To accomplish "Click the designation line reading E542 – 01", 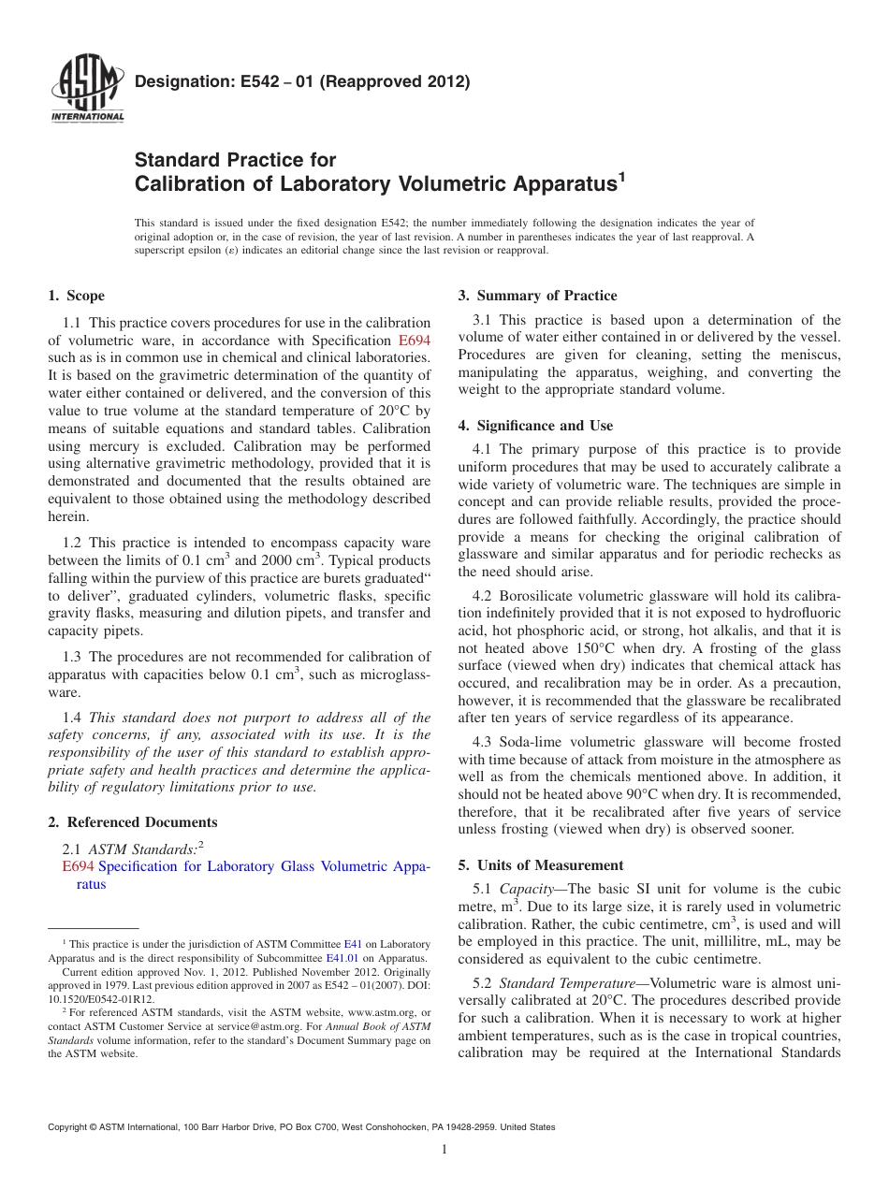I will click(302, 81).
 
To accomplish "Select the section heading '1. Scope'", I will click(76, 296).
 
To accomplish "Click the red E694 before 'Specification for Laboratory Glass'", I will click(78, 866).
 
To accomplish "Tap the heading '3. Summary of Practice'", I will click(537, 296).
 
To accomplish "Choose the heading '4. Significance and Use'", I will click(535, 426).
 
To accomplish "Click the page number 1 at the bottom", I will click(444, 1149).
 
